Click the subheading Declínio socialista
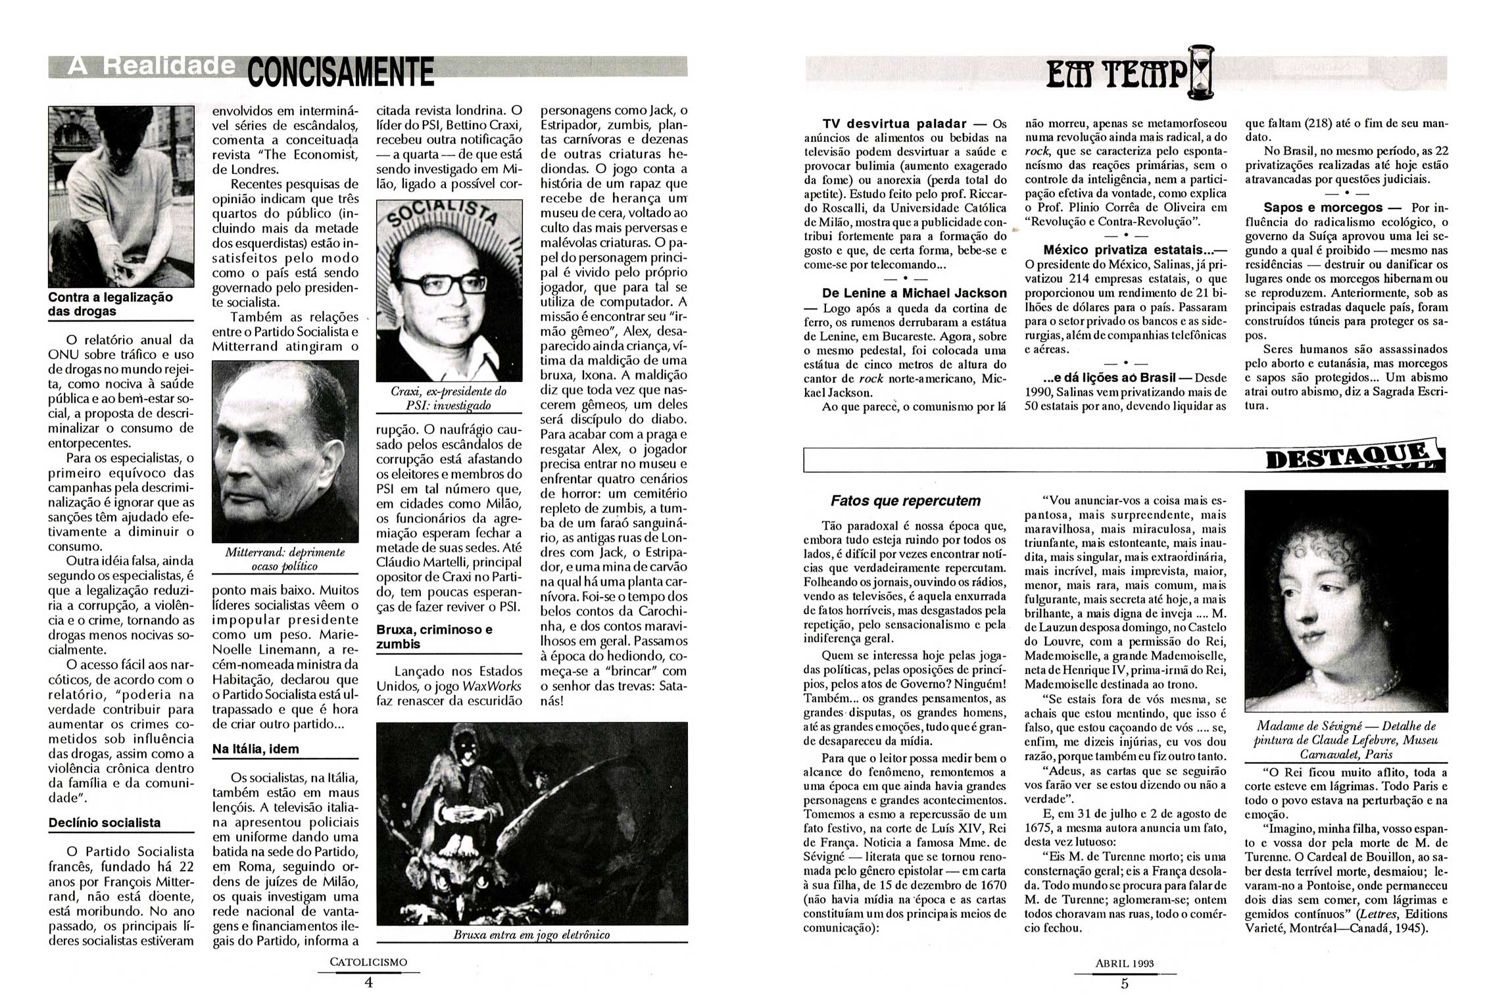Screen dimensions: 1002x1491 click(104, 823)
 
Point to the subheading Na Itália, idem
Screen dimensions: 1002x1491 click(255, 749)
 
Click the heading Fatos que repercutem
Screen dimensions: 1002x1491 click(905, 501)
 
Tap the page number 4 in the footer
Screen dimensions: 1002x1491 click(368, 982)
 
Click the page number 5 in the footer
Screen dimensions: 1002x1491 click(1124, 984)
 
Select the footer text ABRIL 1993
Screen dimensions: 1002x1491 click(1124, 964)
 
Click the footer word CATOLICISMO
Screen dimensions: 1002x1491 click(368, 962)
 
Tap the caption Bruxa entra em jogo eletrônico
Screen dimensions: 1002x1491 click(531, 935)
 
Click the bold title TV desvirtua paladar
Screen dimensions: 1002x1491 click(894, 124)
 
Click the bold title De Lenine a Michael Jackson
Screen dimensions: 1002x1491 click(914, 293)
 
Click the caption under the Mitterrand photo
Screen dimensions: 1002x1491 click(285, 559)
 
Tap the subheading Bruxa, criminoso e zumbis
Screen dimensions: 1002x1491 click(434, 636)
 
